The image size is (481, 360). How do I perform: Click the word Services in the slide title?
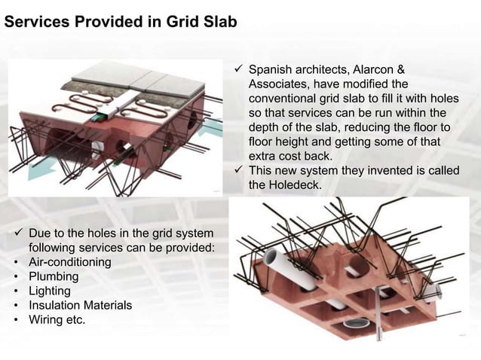[x=35, y=23]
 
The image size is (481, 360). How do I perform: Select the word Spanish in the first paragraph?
[x=271, y=70]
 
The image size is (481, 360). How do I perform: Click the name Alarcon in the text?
[x=375, y=70]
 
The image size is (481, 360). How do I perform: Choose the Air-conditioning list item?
[x=69, y=262]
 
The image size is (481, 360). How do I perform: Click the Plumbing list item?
[x=53, y=276]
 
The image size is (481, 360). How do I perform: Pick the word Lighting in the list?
[x=50, y=291]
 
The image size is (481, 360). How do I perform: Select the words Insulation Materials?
[x=80, y=305]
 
